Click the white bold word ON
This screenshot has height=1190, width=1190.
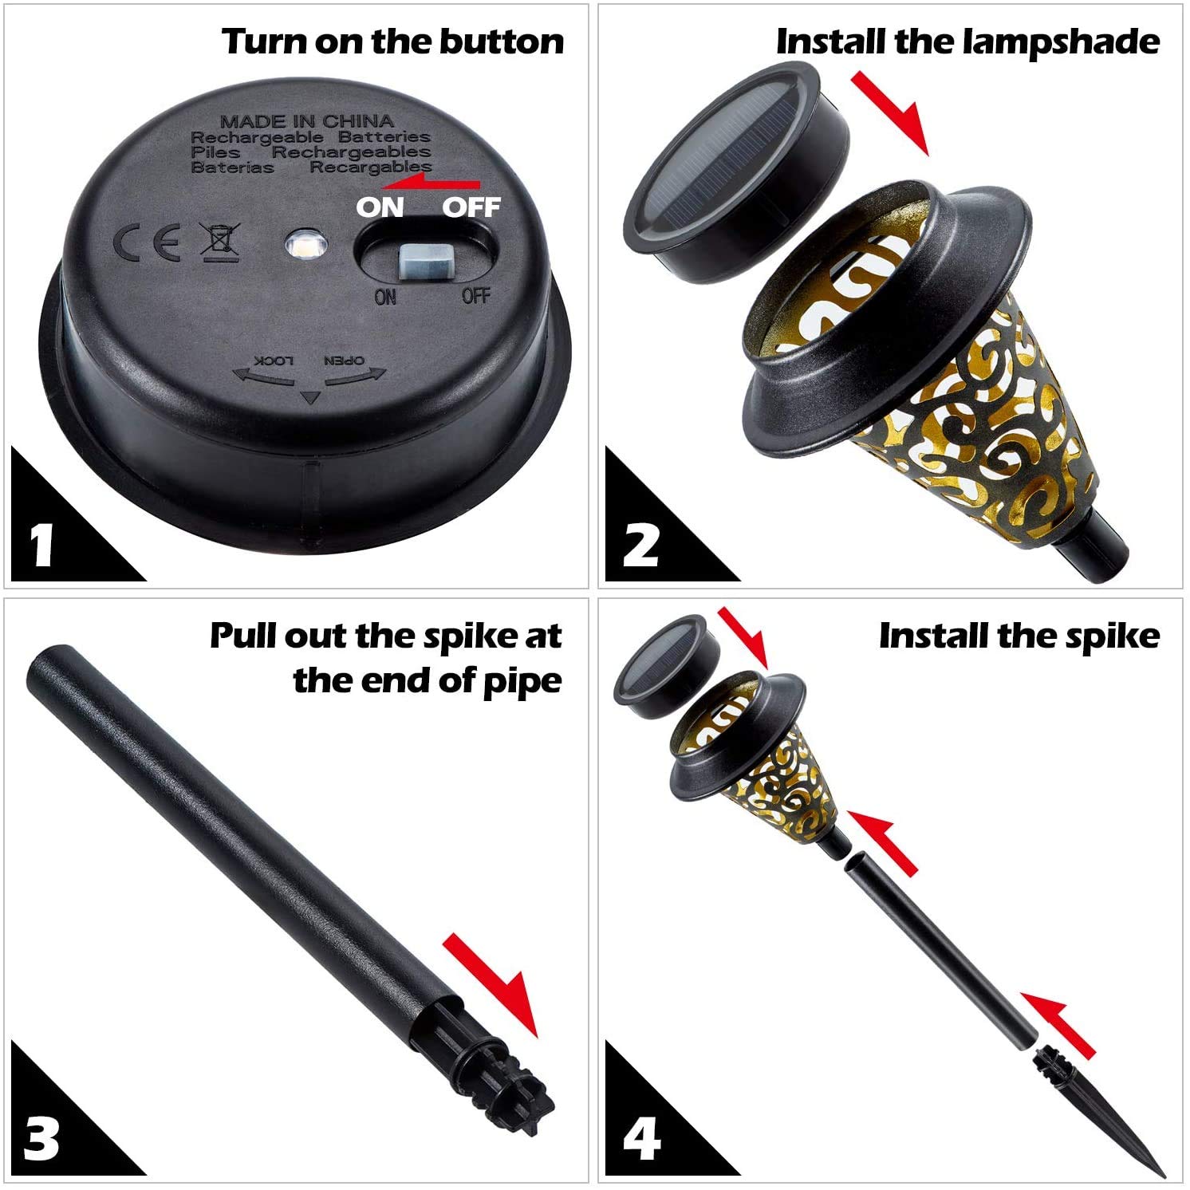(380, 207)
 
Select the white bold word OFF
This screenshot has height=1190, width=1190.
(471, 207)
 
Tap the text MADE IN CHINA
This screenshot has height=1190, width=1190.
(307, 121)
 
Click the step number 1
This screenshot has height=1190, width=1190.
(42, 545)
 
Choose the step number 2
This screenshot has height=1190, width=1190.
(640, 545)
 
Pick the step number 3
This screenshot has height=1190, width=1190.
(41, 1138)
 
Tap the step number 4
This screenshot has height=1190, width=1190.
(640, 1138)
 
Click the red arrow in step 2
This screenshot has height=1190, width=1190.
(891, 112)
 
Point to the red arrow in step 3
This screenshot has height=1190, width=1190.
(491, 985)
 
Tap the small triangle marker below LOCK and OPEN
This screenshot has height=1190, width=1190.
(310, 397)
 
